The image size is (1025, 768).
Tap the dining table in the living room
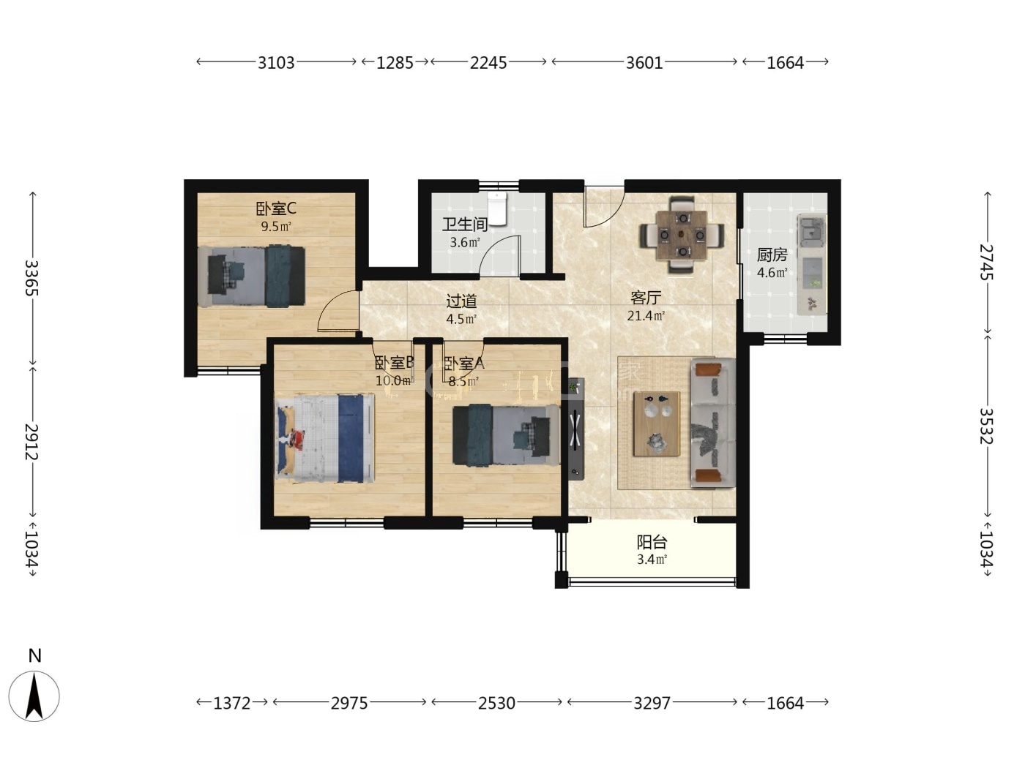[x=682, y=235]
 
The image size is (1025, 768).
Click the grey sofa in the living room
[x=712, y=423]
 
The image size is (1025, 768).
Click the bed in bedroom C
[x=251, y=276]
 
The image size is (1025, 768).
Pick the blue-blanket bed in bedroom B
[x=325, y=438]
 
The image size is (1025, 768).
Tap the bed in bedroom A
[x=506, y=434]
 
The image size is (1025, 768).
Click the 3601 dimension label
[x=644, y=62]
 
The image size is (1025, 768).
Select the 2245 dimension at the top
[x=488, y=62]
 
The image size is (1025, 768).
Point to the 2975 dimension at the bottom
[x=349, y=703]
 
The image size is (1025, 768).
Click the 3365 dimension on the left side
[x=31, y=278]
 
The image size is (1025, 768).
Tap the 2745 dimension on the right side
[x=987, y=262]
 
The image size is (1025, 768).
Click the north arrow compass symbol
[x=34, y=696]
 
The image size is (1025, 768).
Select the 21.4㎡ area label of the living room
[x=646, y=316]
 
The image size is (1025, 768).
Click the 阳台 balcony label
[x=652, y=542]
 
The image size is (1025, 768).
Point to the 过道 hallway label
[x=461, y=301]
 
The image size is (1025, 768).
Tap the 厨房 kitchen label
[x=772, y=255]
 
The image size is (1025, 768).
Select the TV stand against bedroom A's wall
[x=575, y=429]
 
